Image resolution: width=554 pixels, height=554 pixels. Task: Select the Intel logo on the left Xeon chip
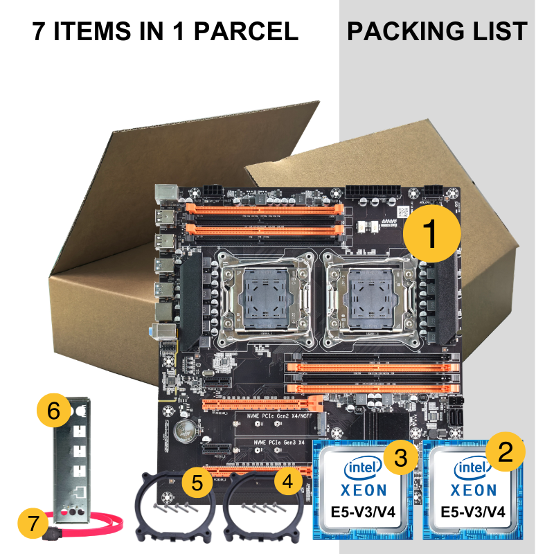(x=361, y=469)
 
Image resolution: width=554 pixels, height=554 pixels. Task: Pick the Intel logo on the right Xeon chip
(x=472, y=470)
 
